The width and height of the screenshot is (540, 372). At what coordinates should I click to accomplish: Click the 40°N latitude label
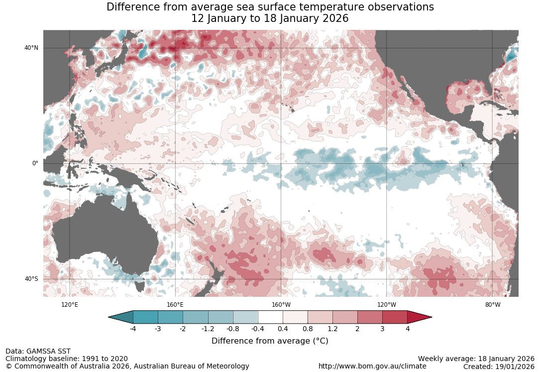(x=31, y=48)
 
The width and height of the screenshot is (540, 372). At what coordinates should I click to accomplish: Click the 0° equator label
(x=35, y=163)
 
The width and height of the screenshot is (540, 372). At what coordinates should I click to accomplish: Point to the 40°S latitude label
(x=31, y=279)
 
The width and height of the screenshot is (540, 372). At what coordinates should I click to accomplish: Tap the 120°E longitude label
(x=69, y=305)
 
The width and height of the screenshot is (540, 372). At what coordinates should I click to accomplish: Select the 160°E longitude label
(x=175, y=305)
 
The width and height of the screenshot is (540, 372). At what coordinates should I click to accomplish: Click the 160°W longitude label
(x=281, y=305)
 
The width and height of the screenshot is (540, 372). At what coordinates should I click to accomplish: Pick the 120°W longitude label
(x=387, y=305)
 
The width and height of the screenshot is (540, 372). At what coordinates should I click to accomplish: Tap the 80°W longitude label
(x=493, y=305)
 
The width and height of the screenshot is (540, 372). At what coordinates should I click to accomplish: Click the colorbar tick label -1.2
(x=208, y=329)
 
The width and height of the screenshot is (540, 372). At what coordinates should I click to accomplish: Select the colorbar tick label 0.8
(x=308, y=329)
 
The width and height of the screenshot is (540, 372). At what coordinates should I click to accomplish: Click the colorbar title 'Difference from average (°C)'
(x=270, y=341)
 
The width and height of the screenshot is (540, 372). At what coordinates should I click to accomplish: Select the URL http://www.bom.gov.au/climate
(x=372, y=366)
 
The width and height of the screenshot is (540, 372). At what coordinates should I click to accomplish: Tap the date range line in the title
(x=270, y=18)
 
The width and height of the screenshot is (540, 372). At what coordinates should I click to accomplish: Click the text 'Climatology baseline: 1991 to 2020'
(x=67, y=359)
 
